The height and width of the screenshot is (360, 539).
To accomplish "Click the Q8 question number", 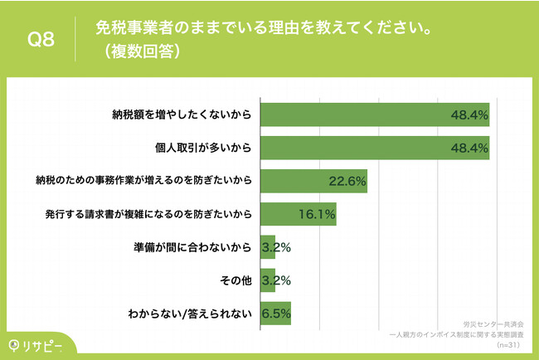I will coord(41,40).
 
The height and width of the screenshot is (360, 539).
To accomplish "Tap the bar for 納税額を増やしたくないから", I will coord(375,114).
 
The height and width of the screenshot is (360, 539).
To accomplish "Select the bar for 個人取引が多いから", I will coord(375,147).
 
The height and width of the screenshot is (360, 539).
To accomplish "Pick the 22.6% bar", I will coord(314,181).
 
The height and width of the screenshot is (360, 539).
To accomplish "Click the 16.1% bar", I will coord(299,214).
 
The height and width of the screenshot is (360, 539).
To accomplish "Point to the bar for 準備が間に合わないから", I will coord(268,247).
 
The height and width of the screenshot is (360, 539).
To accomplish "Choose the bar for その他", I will coord(268,281).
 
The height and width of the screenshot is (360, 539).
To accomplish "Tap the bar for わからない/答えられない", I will coord(276,314).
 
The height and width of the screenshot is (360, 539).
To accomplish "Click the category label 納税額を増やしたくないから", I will coord(182,114).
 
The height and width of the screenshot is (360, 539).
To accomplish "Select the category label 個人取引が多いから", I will coord(202,147).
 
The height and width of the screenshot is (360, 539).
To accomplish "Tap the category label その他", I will coord(236,281).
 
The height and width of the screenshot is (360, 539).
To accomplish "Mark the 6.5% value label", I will coord(276,314).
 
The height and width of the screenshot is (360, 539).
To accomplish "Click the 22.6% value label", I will coord(347,181).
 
